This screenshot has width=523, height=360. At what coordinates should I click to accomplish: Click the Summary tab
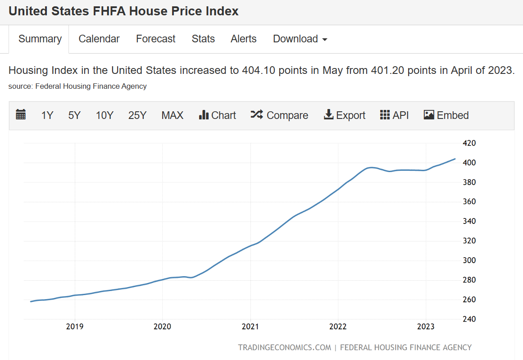(40, 39)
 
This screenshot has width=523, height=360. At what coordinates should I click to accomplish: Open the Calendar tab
(99, 39)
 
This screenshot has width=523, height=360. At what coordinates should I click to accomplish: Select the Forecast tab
(155, 39)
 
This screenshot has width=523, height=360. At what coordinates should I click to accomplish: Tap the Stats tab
(203, 39)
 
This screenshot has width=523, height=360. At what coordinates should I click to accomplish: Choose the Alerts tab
(243, 39)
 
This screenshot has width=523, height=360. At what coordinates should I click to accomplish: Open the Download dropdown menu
(300, 39)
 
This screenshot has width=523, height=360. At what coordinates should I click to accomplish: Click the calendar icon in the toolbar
(21, 115)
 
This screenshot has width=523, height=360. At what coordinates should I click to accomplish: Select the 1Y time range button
(47, 115)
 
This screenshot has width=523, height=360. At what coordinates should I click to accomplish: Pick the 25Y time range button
(137, 115)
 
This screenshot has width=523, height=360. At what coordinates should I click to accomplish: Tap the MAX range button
(173, 115)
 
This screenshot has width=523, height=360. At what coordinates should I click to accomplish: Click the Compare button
(279, 115)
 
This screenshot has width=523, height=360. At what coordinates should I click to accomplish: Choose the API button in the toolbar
(394, 115)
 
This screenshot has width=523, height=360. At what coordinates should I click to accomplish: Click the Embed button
(446, 115)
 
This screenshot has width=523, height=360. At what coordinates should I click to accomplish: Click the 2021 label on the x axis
(250, 327)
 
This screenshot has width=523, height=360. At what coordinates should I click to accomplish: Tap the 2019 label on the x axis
(75, 327)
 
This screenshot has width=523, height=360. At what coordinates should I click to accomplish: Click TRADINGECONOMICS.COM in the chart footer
(284, 347)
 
